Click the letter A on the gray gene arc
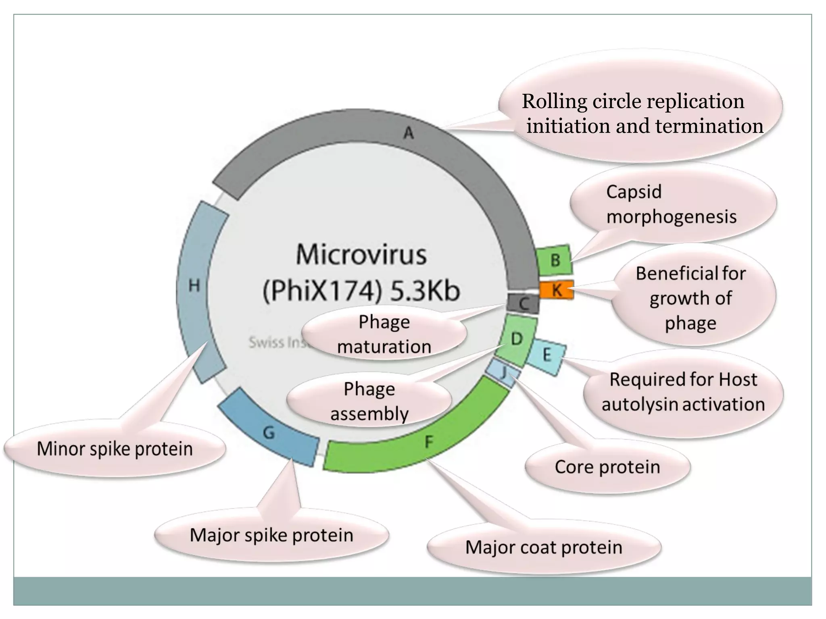coord(409,133)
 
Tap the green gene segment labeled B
coord(555,260)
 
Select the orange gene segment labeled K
coord(557,290)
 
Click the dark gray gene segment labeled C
coord(524,303)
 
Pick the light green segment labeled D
coord(516,339)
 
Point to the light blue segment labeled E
coord(546,355)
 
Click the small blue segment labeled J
coord(503,373)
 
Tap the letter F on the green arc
coord(429,442)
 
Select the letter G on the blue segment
coord(269,433)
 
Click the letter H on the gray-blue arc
coord(194,286)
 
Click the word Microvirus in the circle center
coord(361,255)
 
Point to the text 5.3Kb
coord(425,291)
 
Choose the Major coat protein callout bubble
coord(544,547)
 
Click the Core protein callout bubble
coord(607,467)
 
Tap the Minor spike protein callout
coord(115,449)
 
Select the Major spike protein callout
coord(271,535)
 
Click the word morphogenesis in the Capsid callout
coord(671,217)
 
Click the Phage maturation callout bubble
coord(384,334)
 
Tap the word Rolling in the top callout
coord(554,101)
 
